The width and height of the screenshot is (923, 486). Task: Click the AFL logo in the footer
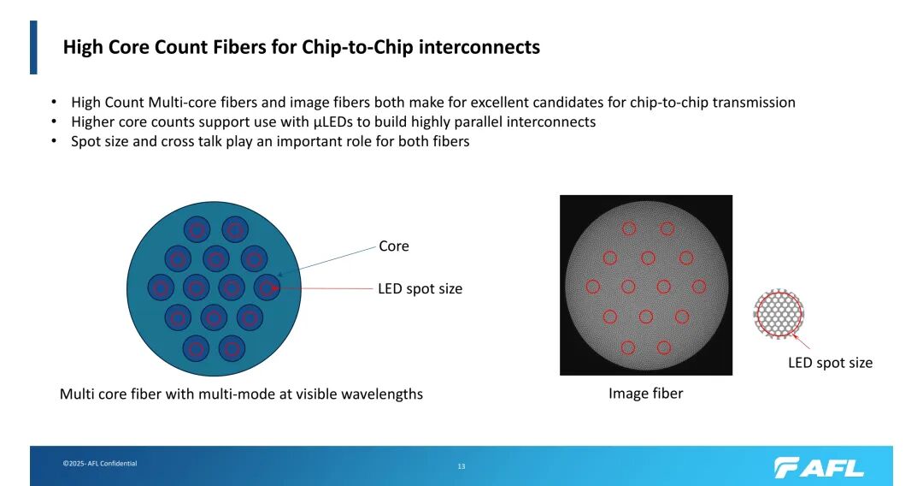click(819, 468)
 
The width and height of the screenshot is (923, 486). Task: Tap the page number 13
click(461, 466)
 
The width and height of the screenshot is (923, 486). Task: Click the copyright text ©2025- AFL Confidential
click(100, 464)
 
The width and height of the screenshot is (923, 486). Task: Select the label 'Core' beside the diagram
click(394, 246)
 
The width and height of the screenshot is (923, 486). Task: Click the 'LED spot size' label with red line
click(420, 288)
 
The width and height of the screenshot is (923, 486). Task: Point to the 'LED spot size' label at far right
click(830, 363)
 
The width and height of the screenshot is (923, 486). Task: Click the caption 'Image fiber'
click(646, 394)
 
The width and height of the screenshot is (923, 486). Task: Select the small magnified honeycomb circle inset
click(779, 314)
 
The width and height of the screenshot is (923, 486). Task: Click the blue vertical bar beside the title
click(33, 48)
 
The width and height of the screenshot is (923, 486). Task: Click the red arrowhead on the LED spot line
click(275, 288)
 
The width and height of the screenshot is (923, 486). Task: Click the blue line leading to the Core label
click(326, 261)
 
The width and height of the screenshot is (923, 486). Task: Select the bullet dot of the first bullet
click(54, 103)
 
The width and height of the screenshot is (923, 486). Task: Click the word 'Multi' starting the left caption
click(74, 394)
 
